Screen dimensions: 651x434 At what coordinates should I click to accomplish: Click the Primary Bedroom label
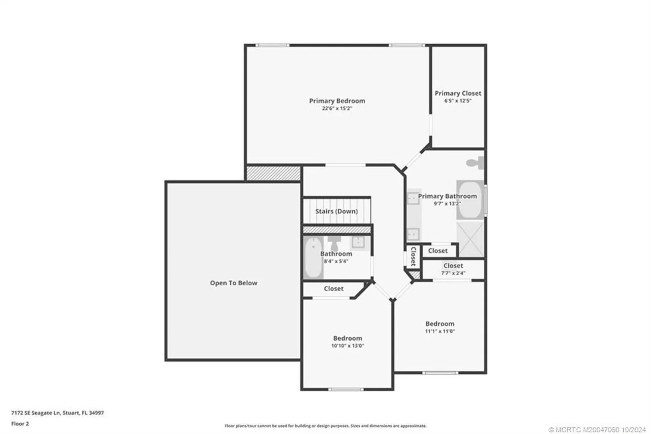point(337,101)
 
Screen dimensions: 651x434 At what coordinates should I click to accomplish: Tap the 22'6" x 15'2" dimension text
point(337,108)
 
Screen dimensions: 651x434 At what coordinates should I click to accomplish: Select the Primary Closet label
point(458,93)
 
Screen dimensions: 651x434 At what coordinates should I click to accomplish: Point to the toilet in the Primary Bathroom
point(475,163)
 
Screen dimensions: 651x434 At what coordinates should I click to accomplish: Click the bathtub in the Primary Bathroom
point(470,200)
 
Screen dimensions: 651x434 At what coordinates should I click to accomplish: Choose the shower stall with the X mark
point(470,239)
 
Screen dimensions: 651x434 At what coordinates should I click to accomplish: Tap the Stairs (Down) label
point(337,211)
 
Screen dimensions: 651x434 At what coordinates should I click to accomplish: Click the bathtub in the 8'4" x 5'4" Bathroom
point(313,257)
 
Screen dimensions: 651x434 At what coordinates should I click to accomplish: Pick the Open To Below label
point(234,283)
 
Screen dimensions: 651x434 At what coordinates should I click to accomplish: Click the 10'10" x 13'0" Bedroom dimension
point(348,346)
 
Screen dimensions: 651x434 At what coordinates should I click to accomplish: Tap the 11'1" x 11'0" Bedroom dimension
point(440,331)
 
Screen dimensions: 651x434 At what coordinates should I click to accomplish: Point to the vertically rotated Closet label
point(413,256)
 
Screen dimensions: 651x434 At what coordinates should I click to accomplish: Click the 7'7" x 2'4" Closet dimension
point(453,273)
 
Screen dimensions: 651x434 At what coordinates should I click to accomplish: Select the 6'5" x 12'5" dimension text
point(458,101)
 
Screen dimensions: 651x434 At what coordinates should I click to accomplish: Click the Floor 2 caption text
point(20,424)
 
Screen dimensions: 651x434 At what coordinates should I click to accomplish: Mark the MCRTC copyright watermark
point(597,430)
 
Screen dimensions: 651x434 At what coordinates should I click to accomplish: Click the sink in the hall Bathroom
point(359,242)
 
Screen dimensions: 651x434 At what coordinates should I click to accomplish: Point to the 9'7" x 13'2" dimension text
point(447,203)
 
